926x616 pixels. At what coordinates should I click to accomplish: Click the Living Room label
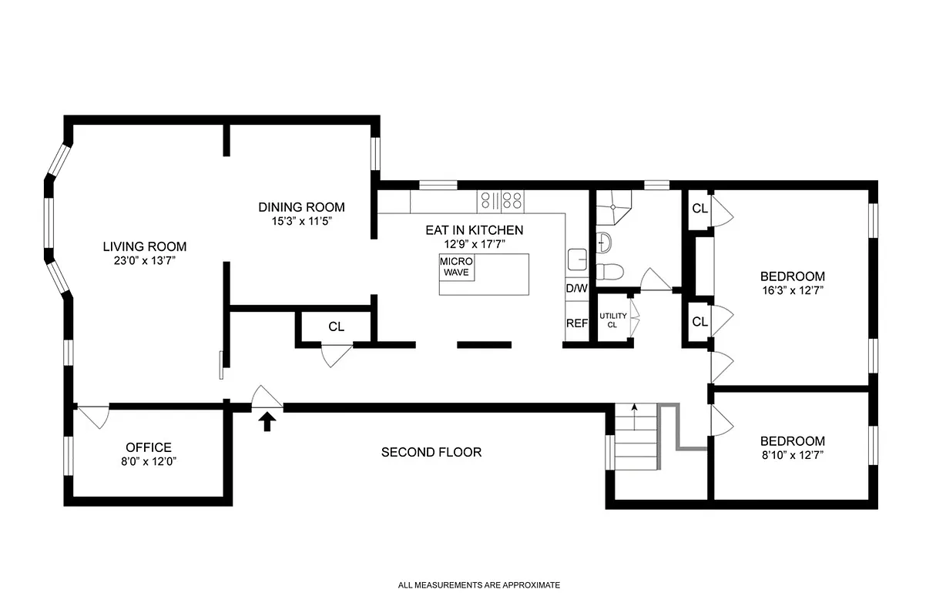145,247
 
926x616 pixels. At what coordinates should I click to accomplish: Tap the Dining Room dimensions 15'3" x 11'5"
301,221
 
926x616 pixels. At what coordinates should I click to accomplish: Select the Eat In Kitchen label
475,230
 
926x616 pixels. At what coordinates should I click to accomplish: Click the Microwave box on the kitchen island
457,267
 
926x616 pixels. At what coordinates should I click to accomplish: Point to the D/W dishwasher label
576,289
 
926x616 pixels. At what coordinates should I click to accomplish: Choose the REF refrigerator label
577,323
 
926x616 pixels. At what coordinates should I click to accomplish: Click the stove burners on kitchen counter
501,201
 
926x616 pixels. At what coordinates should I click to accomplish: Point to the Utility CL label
613,320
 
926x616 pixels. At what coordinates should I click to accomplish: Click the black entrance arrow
268,421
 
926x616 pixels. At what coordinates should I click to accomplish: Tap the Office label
149,447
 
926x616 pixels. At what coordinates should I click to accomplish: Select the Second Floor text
431,452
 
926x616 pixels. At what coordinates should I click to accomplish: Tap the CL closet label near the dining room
336,326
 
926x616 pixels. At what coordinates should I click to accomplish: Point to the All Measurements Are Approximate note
478,585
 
